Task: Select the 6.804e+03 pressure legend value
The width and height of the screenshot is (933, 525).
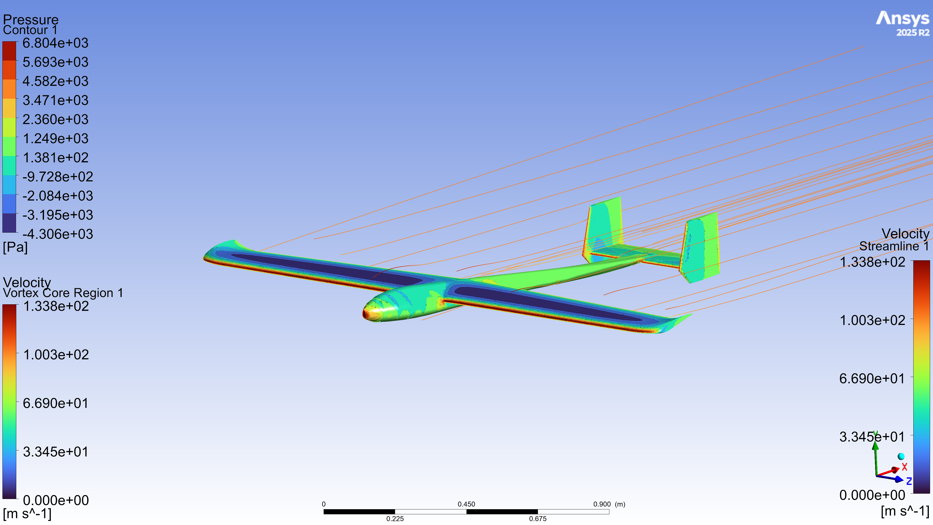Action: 55,43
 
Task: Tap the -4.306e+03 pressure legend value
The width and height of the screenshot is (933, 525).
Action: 58,234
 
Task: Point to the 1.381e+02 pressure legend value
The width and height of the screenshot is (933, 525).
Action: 55,157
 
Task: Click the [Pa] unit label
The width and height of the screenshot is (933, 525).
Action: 15,247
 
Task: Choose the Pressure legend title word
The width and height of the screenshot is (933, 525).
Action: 31,19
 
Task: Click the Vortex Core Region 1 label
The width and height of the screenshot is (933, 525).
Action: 63,293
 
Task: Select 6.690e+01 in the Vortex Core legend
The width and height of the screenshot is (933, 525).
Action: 56,403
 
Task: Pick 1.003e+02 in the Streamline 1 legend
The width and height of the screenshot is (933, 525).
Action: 872,320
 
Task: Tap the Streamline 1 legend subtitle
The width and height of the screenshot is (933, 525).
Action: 894,246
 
